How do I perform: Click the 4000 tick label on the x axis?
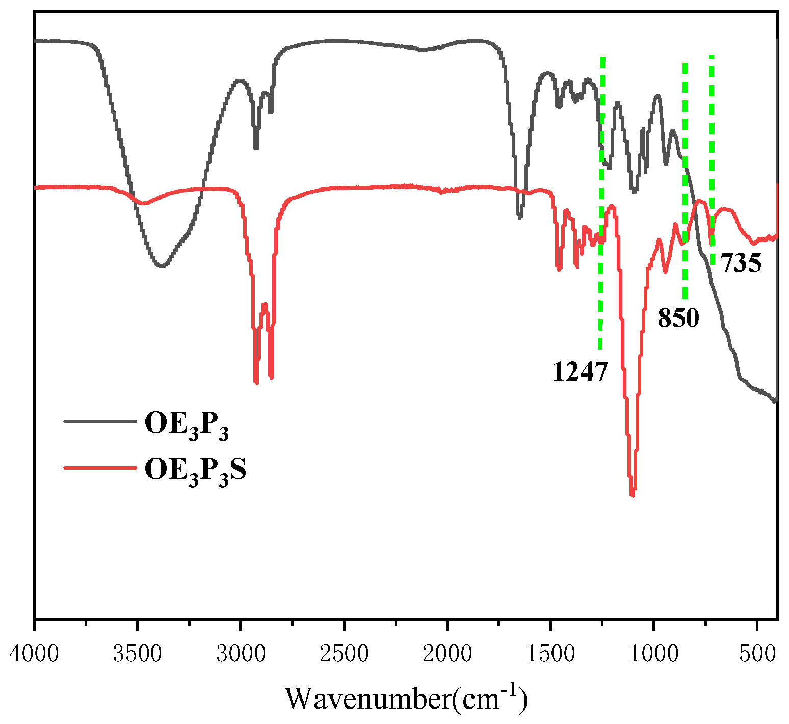(x=34, y=654)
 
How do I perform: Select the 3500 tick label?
(x=137, y=654)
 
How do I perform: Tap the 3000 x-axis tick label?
(x=241, y=654)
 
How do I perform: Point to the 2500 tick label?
(x=344, y=654)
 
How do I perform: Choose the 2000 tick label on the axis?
(x=448, y=654)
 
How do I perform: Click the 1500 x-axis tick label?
(x=551, y=654)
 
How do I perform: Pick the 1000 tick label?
(x=654, y=654)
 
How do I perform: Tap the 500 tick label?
(x=757, y=654)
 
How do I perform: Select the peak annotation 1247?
(x=580, y=371)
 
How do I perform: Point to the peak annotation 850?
(x=678, y=318)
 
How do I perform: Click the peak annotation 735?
(x=741, y=263)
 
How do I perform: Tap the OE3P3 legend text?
(x=187, y=424)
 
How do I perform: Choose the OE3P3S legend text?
(x=195, y=470)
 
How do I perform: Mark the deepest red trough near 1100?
(x=633, y=494)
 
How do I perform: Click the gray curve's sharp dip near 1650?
(x=519, y=217)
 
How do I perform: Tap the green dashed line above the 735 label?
(x=712, y=153)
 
